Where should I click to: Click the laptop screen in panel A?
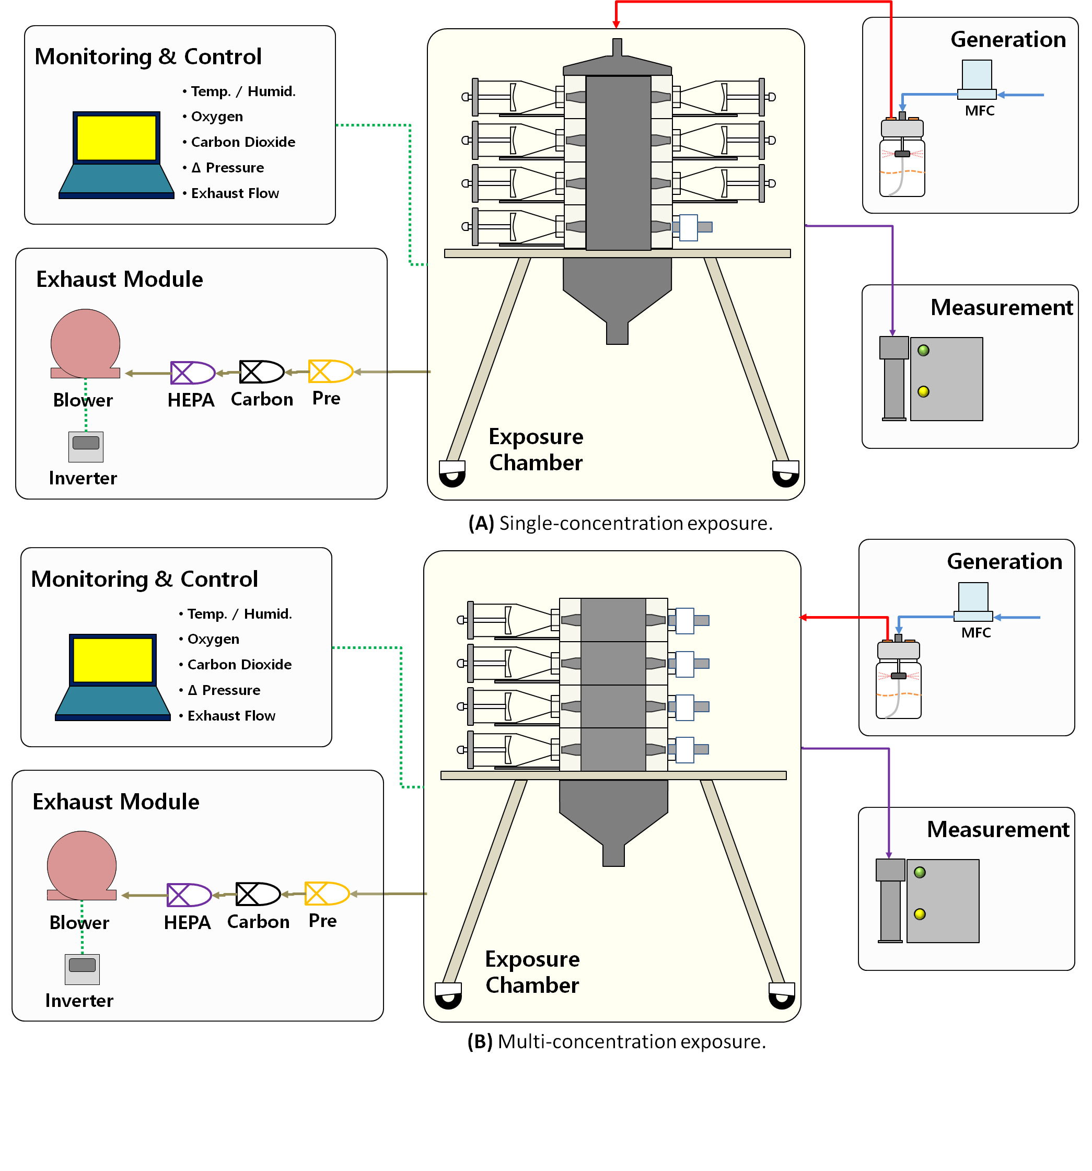(x=116, y=138)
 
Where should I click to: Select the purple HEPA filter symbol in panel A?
(x=192, y=372)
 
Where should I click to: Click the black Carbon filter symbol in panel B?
(x=258, y=894)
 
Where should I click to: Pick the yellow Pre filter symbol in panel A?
(x=330, y=371)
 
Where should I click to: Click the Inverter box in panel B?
(x=82, y=968)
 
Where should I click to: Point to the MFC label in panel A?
(x=979, y=111)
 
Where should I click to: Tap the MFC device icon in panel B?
(x=972, y=601)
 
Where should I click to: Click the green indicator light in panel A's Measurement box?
(x=923, y=351)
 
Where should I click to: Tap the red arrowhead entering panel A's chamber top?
(x=615, y=24)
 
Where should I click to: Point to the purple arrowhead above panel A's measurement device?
(x=892, y=333)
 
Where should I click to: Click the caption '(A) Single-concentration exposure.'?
(x=620, y=523)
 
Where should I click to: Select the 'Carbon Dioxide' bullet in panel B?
(x=239, y=665)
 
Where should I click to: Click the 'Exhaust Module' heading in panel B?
(x=116, y=802)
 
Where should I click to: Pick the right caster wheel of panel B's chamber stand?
(x=782, y=996)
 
